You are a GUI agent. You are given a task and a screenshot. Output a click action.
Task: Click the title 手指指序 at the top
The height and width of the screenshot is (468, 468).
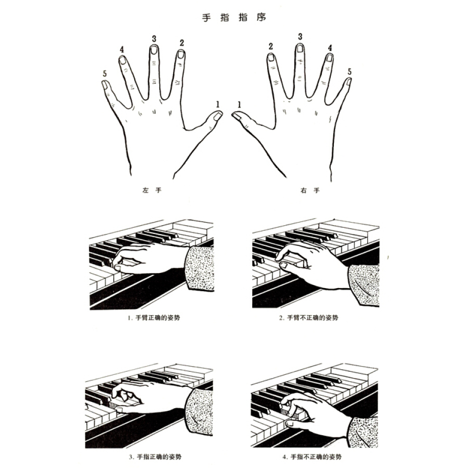pyautogui.click(x=234, y=17)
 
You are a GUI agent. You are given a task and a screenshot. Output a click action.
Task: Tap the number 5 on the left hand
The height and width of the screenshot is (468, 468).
pyautogui.click(x=105, y=74)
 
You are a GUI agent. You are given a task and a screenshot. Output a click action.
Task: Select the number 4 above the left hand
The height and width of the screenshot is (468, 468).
pyautogui.click(x=122, y=49)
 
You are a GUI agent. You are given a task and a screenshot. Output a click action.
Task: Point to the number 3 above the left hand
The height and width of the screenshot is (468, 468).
pyautogui.click(x=154, y=39)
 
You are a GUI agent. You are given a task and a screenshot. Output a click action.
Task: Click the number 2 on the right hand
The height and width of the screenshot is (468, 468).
pyautogui.click(x=271, y=46)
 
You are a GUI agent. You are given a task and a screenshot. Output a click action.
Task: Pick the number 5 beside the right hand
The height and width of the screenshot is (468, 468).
pyautogui.click(x=349, y=72)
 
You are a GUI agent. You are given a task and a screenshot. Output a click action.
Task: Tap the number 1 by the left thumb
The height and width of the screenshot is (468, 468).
pyautogui.click(x=218, y=104)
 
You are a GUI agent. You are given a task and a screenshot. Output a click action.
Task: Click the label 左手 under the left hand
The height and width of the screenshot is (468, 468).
pyautogui.click(x=152, y=190)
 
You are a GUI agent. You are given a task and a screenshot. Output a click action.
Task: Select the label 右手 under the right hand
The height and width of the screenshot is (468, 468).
pyautogui.click(x=310, y=190)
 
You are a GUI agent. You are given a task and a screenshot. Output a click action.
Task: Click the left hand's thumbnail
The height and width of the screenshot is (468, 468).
pyautogui.click(x=218, y=116)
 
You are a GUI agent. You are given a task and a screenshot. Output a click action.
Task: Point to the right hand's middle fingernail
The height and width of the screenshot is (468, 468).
pyautogui.click(x=300, y=48)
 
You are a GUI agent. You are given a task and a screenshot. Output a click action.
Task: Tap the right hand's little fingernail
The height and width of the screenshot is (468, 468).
pyautogui.click(x=348, y=81)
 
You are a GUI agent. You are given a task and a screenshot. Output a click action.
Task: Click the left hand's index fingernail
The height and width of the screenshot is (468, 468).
pyautogui.click(x=180, y=54)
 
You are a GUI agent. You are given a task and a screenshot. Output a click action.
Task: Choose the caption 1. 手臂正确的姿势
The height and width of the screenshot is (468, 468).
pyautogui.click(x=154, y=318)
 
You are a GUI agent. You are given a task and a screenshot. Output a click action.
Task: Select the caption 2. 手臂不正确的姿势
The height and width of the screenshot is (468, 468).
pyautogui.click(x=308, y=318)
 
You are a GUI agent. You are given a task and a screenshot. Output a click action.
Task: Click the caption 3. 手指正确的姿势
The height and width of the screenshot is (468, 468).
pyautogui.click(x=155, y=457)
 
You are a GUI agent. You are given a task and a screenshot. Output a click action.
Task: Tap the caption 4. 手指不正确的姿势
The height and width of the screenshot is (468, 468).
pyautogui.click(x=312, y=457)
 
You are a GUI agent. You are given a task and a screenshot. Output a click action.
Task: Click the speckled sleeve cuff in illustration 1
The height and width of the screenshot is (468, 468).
pyautogui.click(x=199, y=268)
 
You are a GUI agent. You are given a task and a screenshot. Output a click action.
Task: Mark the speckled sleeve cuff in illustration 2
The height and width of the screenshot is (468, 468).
pyautogui.click(x=364, y=284)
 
